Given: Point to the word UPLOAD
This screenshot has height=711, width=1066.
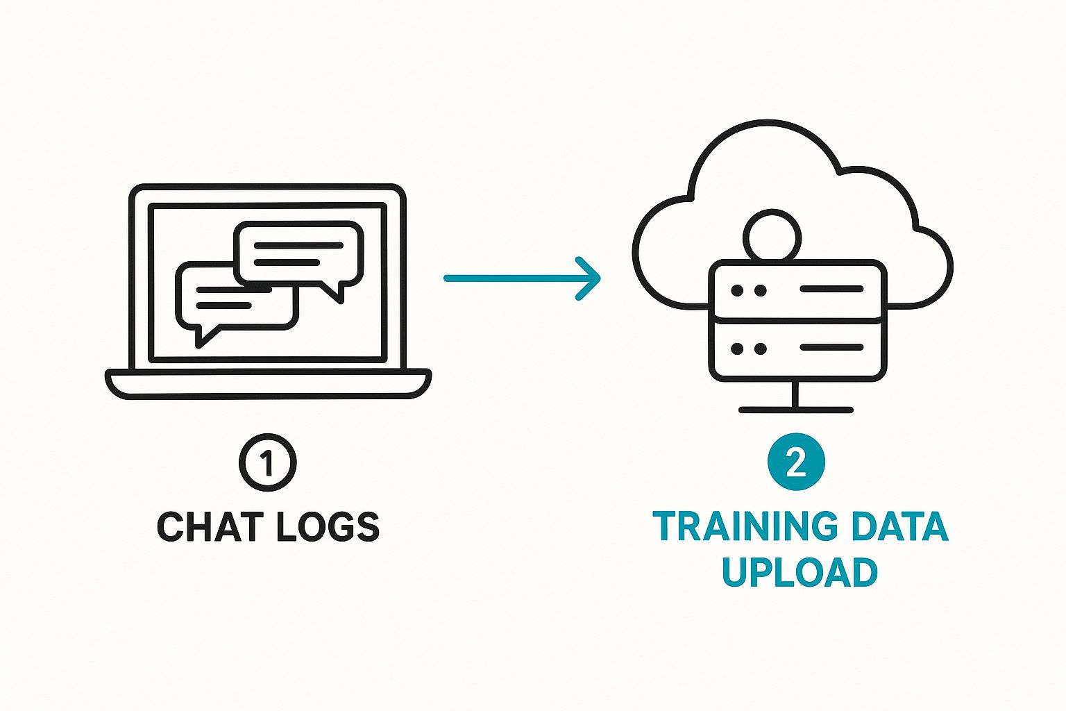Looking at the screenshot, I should pos(799,572).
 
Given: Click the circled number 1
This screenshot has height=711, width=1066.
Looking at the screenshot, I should pos(267,462).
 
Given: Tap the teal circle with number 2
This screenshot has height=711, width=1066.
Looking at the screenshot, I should pos(796,462).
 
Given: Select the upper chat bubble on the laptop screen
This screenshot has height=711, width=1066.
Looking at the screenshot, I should pos(299,253).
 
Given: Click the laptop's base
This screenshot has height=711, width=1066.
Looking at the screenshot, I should pos(268,384).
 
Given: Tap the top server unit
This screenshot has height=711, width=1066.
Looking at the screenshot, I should pos(797,290).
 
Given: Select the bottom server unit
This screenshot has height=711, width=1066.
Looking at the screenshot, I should pos(797,349).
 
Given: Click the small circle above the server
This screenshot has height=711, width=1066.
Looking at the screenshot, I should pos(772,236).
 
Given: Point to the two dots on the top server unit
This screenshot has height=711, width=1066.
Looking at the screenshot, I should pos(748,290).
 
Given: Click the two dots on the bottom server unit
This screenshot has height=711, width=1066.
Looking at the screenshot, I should pos(748,349).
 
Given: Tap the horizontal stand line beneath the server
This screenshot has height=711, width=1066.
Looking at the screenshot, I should pos(795,410).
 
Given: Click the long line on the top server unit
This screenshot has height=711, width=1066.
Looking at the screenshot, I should pos(831,289).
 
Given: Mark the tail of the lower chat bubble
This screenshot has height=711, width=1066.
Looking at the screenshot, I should pos(205,335).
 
